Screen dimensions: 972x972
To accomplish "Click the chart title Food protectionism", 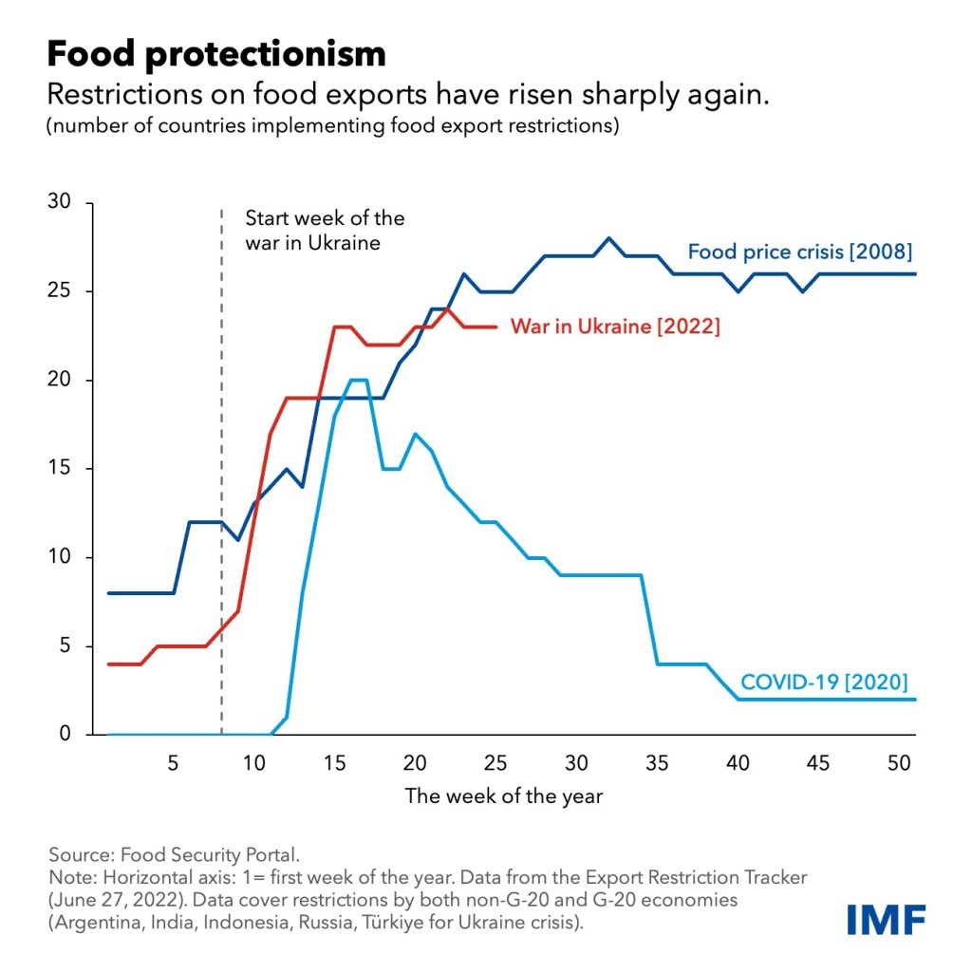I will [x=216, y=54].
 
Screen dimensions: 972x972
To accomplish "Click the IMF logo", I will [x=887, y=919].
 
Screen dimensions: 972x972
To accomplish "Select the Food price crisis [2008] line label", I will [x=799, y=252].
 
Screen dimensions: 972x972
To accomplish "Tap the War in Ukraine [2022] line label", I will [x=615, y=327].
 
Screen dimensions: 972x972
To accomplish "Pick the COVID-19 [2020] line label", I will [x=824, y=681].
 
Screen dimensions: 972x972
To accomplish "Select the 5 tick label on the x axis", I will [x=173, y=761].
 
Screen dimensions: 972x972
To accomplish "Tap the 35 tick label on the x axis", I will [x=657, y=761].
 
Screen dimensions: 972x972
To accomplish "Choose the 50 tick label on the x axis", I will [x=899, y=761].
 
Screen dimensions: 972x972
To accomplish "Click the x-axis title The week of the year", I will [x=503, y=795].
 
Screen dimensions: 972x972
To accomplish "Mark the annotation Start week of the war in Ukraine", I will [x=325, y=230].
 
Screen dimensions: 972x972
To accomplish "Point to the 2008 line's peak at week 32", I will [x=609, y=238].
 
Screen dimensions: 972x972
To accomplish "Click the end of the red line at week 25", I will [x=496, y=327].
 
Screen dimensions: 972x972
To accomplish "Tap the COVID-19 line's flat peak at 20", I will [x=359, y=380].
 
